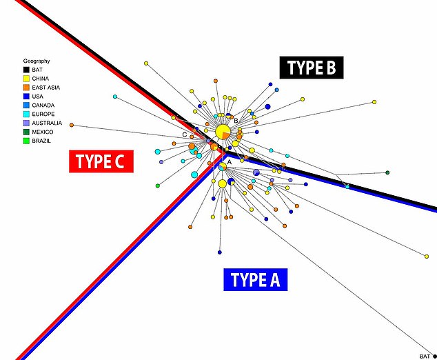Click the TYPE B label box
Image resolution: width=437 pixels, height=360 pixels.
point(311,68)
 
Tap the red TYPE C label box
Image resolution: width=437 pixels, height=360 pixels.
point(101,161)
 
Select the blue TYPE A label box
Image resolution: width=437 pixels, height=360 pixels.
point(255,279)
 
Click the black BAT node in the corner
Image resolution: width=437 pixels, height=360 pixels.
point(434,356)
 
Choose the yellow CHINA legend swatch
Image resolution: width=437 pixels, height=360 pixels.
point(26,79)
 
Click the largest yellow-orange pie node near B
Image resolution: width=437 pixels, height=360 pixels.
point(223,131)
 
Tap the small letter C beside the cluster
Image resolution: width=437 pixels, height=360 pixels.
point(184,134)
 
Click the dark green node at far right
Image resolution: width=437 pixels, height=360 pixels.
point(387,172)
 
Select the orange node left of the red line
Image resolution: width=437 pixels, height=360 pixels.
point(71,126)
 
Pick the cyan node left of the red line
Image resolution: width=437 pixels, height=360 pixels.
point(116,97)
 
